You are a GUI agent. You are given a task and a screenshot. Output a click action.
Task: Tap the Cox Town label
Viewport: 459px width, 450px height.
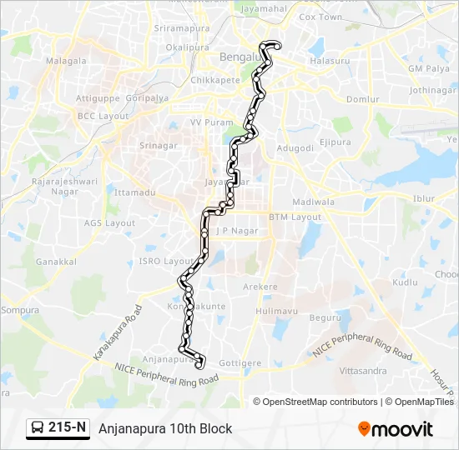click(x=320, y=17)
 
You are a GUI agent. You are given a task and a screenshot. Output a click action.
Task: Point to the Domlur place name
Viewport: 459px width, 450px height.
click(x=362, y=99)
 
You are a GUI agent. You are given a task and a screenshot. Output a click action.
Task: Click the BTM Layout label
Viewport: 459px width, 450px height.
click(x=295, y=217)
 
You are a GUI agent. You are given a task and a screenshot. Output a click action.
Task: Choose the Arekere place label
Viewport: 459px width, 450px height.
click(x=260, y=287)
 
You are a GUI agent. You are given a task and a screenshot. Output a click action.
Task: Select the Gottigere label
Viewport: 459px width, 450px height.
click(x=240, y=363)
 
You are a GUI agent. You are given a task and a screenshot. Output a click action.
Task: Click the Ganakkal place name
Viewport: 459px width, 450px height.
click(x=57, y=261)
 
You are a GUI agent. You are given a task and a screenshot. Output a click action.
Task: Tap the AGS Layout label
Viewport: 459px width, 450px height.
click(x=109, y=223)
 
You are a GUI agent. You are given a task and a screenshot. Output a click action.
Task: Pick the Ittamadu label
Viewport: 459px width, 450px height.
click(x=135, y=192)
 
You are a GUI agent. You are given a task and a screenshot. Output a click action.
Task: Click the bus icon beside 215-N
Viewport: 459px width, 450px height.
click(x=38, y=428)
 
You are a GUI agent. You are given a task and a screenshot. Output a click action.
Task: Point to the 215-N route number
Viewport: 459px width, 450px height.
click(x=68, y=428)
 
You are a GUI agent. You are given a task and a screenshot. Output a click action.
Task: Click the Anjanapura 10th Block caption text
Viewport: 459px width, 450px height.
click(x=165, y=428)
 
